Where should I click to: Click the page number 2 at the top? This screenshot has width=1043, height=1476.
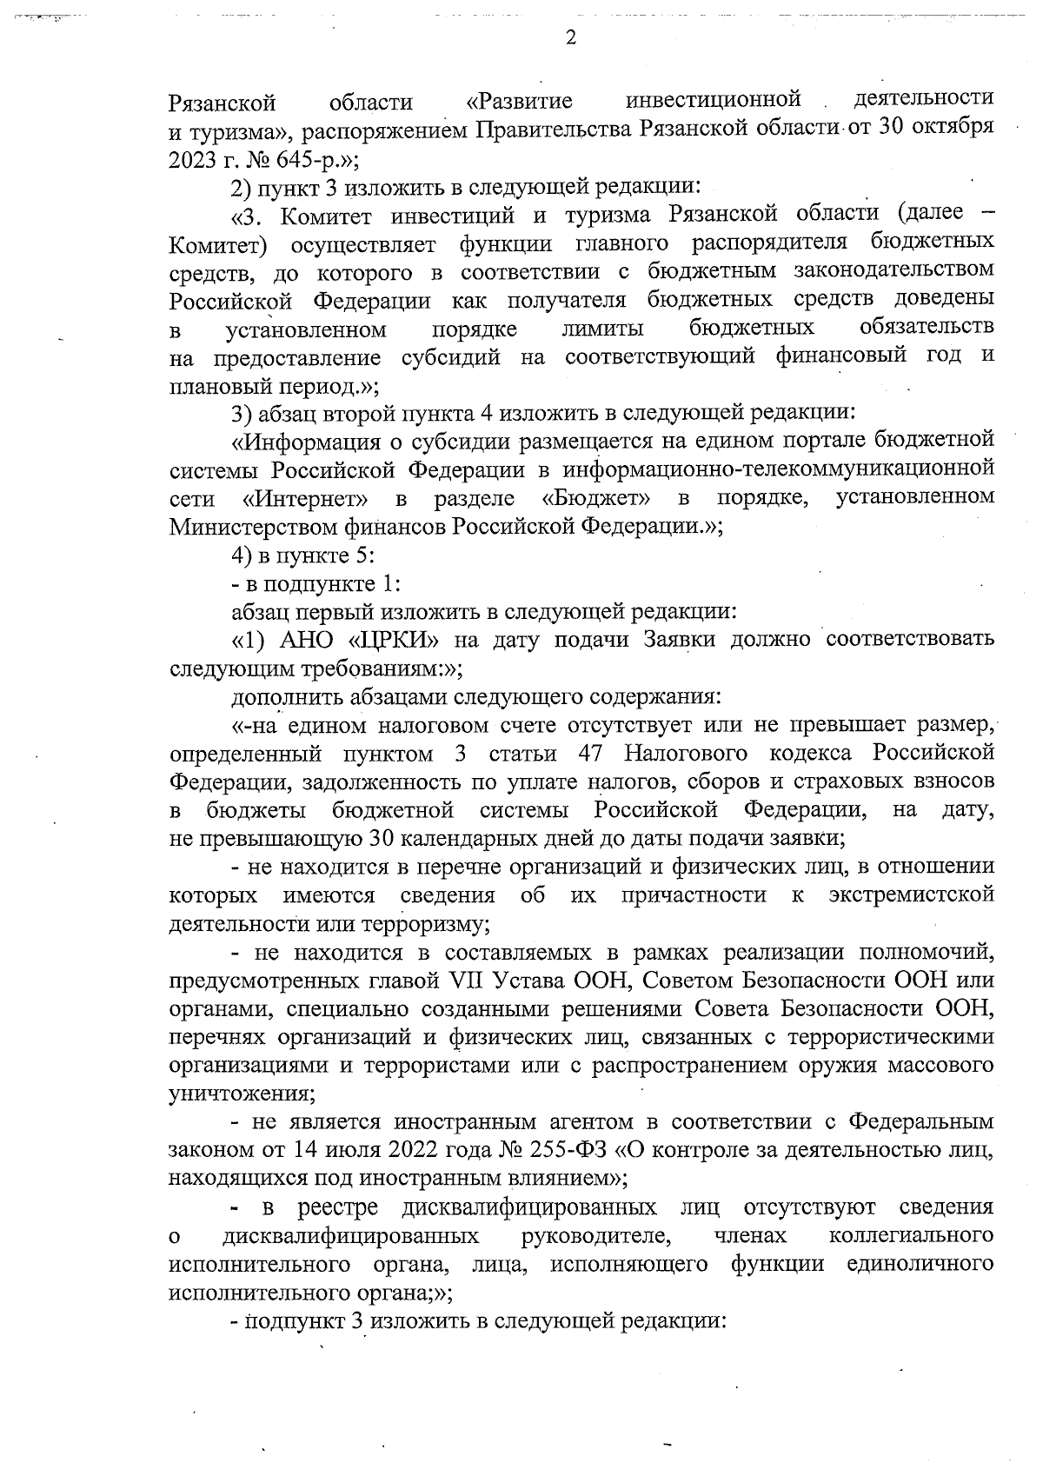tap(569, 37)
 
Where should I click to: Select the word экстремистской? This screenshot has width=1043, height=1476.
tap(911, 895)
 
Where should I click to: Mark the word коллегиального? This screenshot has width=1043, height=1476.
tap(912, 1235)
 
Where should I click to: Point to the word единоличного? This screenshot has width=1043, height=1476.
tap(921, 1264)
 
